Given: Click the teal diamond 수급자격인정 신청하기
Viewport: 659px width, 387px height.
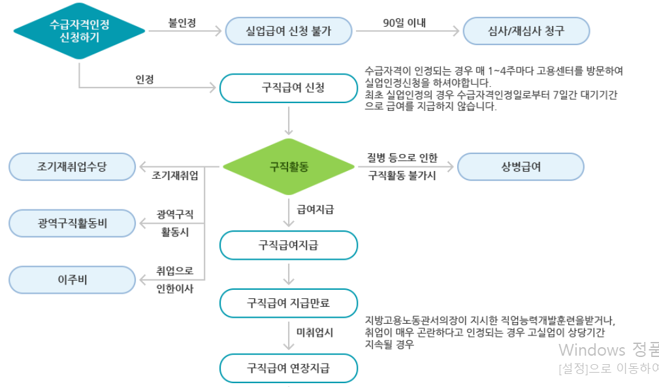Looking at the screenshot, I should click(x=79, y=30).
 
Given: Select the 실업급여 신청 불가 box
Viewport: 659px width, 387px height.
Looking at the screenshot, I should click(x=289, y=30).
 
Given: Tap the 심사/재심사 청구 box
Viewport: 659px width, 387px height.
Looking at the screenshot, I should click(x=526, y=30).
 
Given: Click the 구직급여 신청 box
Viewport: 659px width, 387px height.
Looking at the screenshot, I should click(x=288, y=88).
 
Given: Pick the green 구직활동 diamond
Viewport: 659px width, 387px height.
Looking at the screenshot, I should click(x=289, y=166).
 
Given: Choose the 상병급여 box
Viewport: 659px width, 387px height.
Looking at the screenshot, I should click(x=520, y=166).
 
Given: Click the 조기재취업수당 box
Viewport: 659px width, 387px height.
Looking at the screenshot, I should click(x=72, y=167).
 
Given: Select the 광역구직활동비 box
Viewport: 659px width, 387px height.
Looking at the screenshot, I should click(x=72, y=224).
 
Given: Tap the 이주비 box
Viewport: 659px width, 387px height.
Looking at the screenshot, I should click(x=72, y=280).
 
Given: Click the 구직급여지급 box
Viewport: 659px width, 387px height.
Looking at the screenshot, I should click(x=288, y=245).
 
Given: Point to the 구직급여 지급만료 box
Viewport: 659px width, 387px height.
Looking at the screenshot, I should click(x=288, y=303).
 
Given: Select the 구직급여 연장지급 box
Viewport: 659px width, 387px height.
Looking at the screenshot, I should click(x=288, y=368).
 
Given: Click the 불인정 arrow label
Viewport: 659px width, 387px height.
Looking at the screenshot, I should click(x=182, y=22).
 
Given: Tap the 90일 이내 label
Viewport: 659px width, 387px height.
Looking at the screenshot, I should click(x=404, y=22).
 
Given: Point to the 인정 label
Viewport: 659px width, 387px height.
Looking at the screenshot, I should click(x=144, y=79).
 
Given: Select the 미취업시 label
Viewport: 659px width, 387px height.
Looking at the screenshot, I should click(x=315, y=332).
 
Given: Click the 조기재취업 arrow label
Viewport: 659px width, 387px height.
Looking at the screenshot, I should click(x=175, y=176).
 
